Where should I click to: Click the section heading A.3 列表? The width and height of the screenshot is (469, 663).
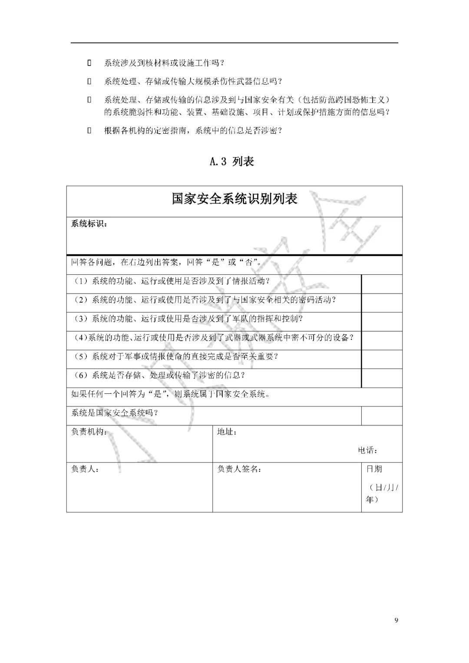pyautogui.click(x=231, y=162)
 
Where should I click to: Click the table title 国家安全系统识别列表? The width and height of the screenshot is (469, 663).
pyautogui.click(x=234, y=199)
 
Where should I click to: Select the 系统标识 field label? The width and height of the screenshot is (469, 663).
pyautogui.click(x=88, y=224)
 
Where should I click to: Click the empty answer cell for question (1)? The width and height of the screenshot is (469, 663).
pyautogui.click(x=382, y=284)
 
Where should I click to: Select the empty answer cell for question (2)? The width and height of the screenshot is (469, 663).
pyautogui.click(x=382, y=303)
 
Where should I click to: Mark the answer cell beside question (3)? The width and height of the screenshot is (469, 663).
pyautogui.click(x=382, y=321)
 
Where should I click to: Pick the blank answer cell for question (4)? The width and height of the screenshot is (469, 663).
pyautogui.click(x=382, y=340)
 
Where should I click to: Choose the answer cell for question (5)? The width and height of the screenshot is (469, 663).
pyautogui.click(x=382, y=359)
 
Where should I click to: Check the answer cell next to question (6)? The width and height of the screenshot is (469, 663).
pyautogui.click(x=382, y=378)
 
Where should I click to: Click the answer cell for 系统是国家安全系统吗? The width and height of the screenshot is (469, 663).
pyautogui.click(x=382, y=416)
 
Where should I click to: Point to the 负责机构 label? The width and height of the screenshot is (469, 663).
pyautogui.click(x=89, y=432)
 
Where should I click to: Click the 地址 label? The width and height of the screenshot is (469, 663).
pyautogui.click(x=227, y=432)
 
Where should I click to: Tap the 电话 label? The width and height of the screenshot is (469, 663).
pyautogui.click(x=367, y=450)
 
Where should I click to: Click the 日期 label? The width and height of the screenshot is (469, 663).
pyautogui.click(x=374, y=469)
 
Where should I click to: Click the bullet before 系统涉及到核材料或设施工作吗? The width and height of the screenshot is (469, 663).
pyautogui.click(x=89, y=63)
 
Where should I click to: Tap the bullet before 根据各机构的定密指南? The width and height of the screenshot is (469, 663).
pyautogui.click(x=89, y=130)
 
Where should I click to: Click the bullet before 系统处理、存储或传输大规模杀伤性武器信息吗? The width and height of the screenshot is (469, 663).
pyautogui.click(x=89, y=81)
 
